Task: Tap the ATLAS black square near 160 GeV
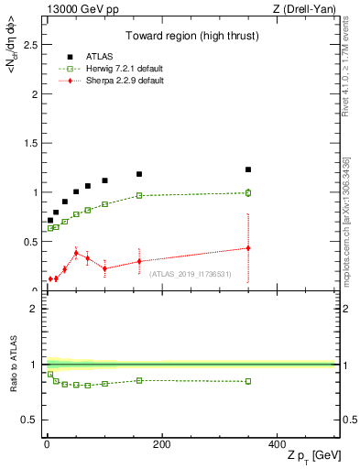click(x=139, y=174)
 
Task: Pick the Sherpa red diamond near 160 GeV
click(x=139, y=261)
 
